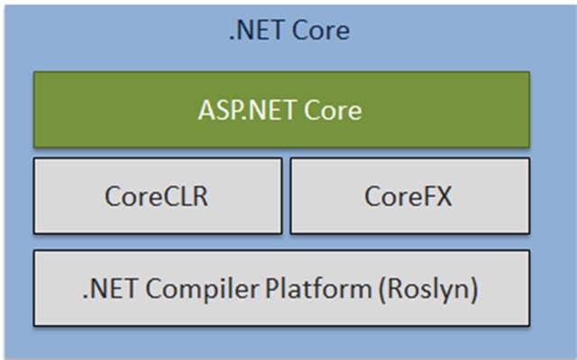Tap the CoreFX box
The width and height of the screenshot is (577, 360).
(409, 196)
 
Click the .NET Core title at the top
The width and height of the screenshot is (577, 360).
(288, 32)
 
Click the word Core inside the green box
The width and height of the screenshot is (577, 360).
(332, 111)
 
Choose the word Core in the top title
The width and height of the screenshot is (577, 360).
(320, 32)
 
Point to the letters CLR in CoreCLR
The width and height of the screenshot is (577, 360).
(185, 196)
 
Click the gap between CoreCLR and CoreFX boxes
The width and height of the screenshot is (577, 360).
(286, 196)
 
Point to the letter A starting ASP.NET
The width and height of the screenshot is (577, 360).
(205, 111)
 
